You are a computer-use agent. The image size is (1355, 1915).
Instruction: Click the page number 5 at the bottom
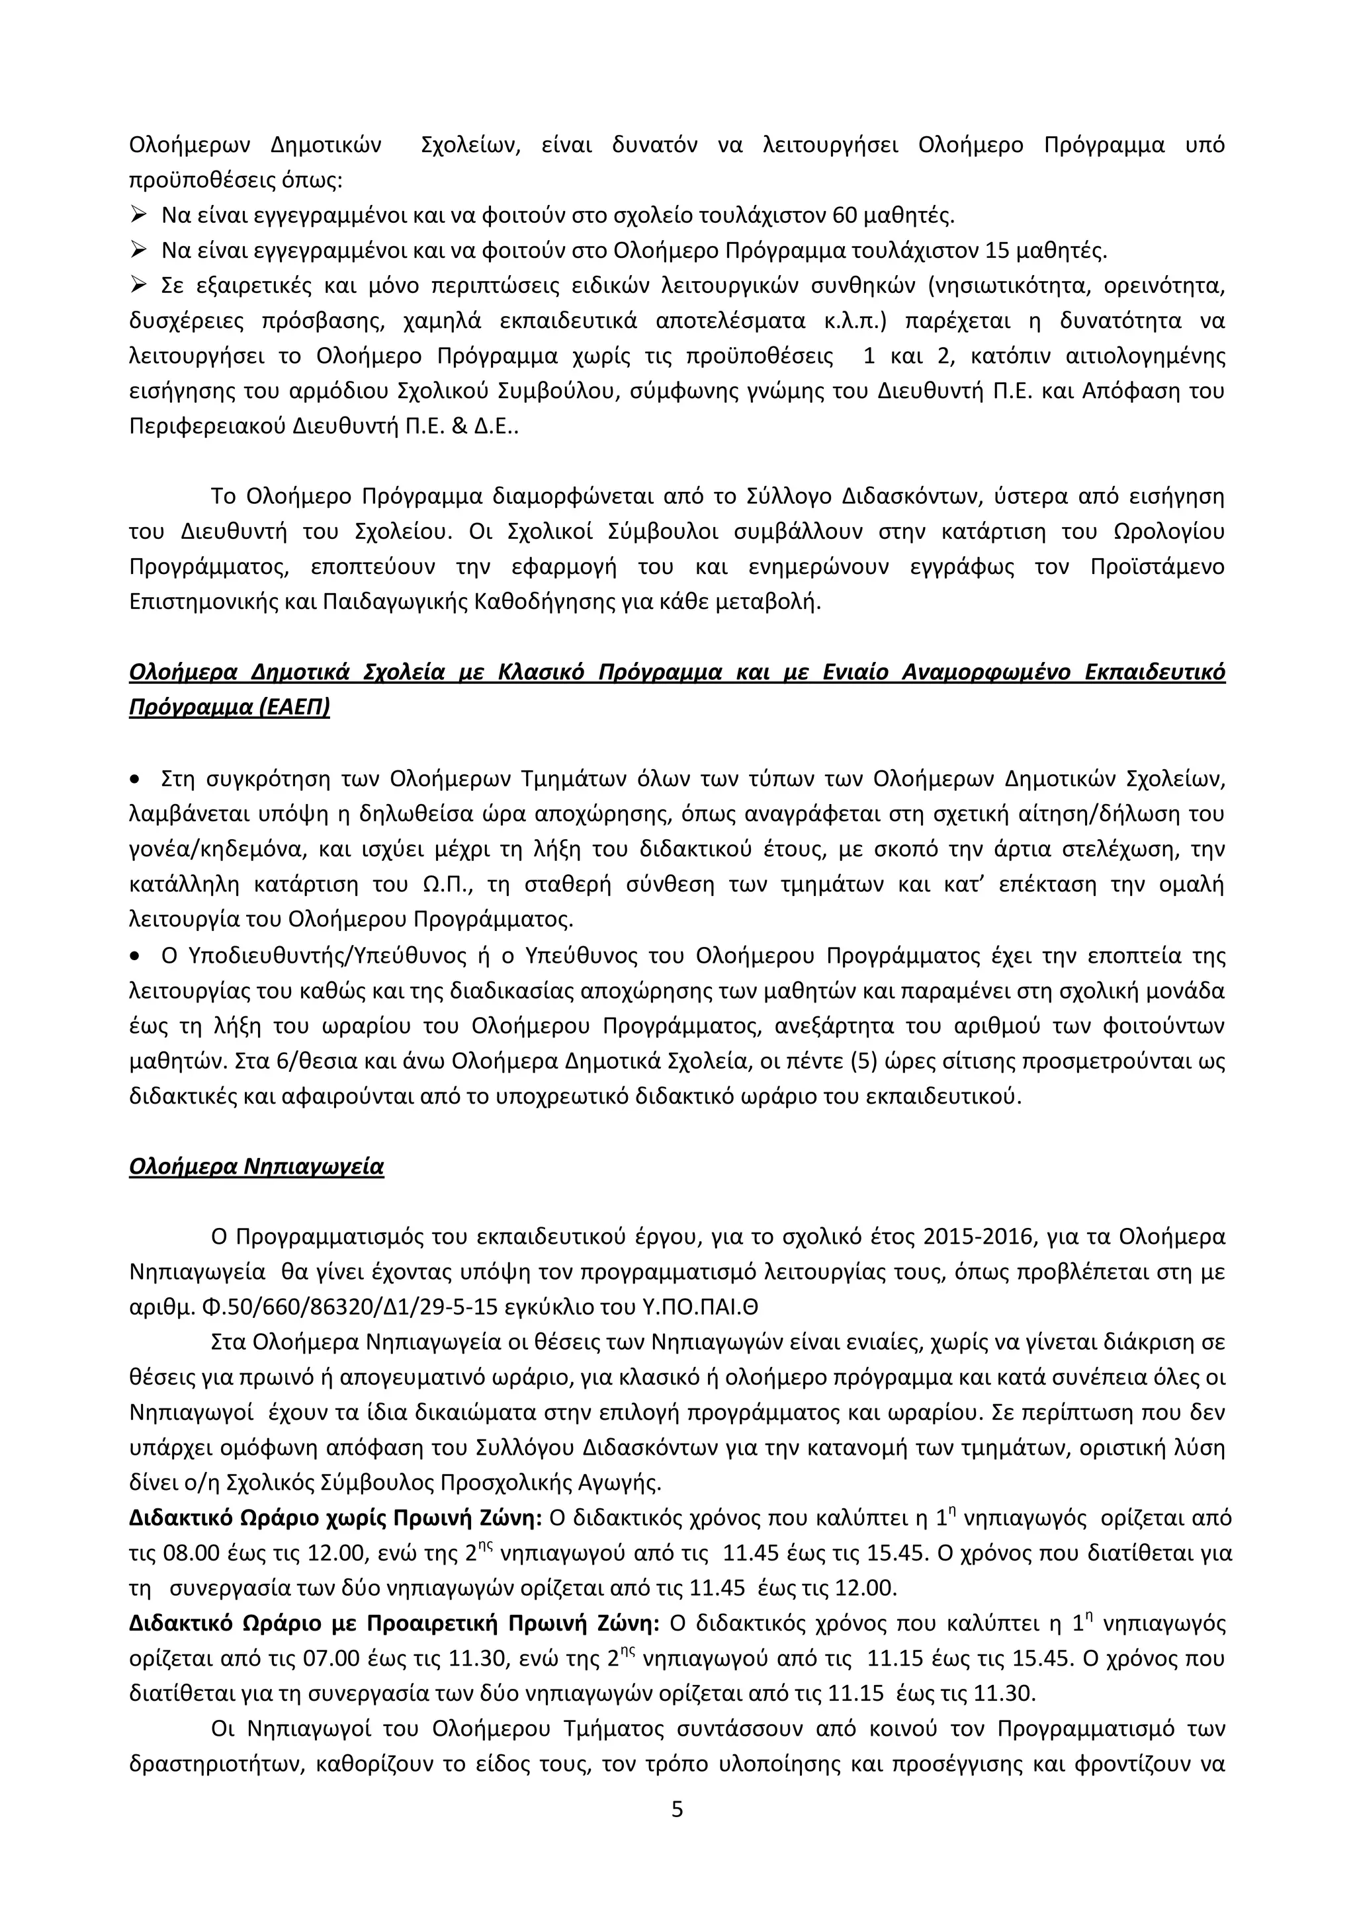pyautogui.click(x=677, y=1809)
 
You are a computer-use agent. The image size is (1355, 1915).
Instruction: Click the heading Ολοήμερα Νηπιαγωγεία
pyautogui.click(x=256, y=1166)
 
